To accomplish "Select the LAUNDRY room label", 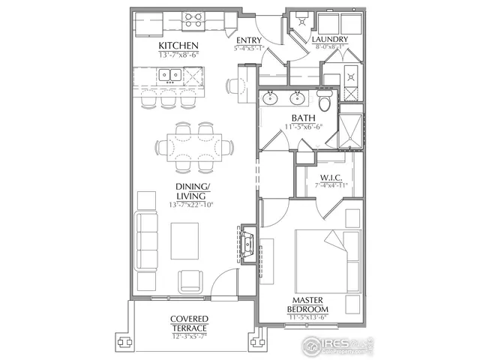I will point(329,40).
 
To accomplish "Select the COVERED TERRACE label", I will point(188,323).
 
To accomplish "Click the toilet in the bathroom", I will point(324,102).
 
